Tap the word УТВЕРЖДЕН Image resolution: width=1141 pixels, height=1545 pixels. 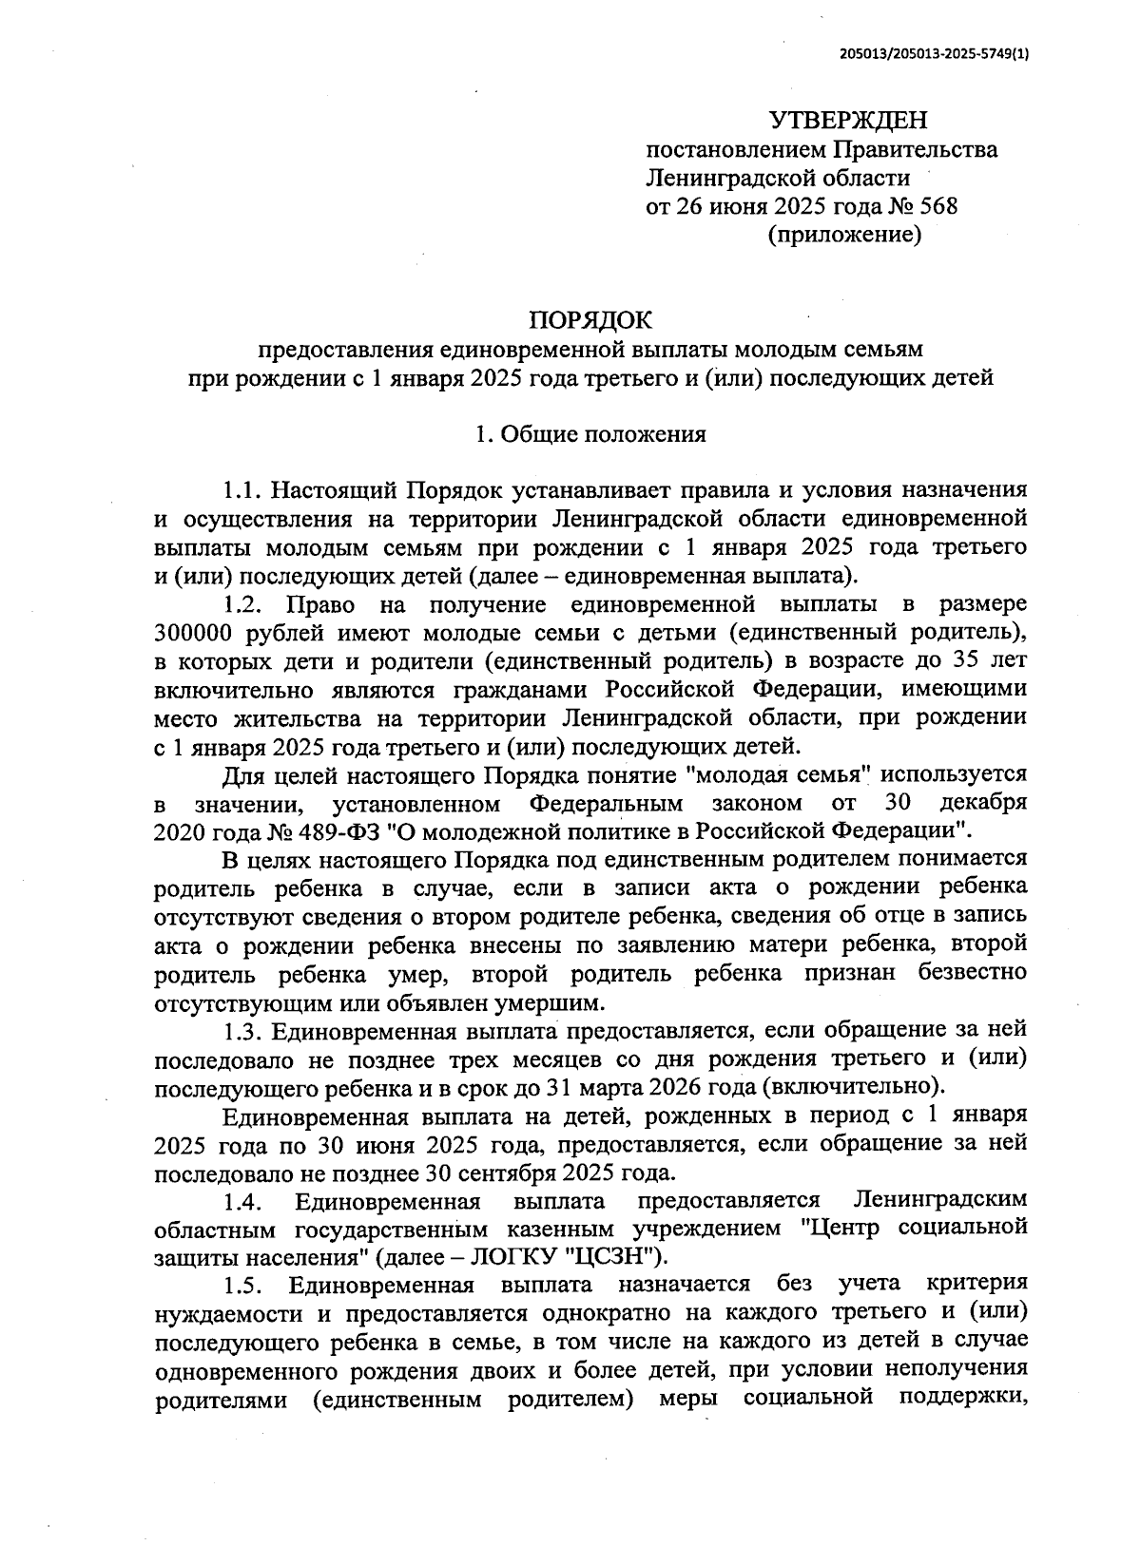pos(846,121)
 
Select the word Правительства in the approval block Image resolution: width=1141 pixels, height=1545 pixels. pos(916,150)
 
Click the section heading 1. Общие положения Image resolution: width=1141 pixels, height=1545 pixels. pos(590,435)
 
